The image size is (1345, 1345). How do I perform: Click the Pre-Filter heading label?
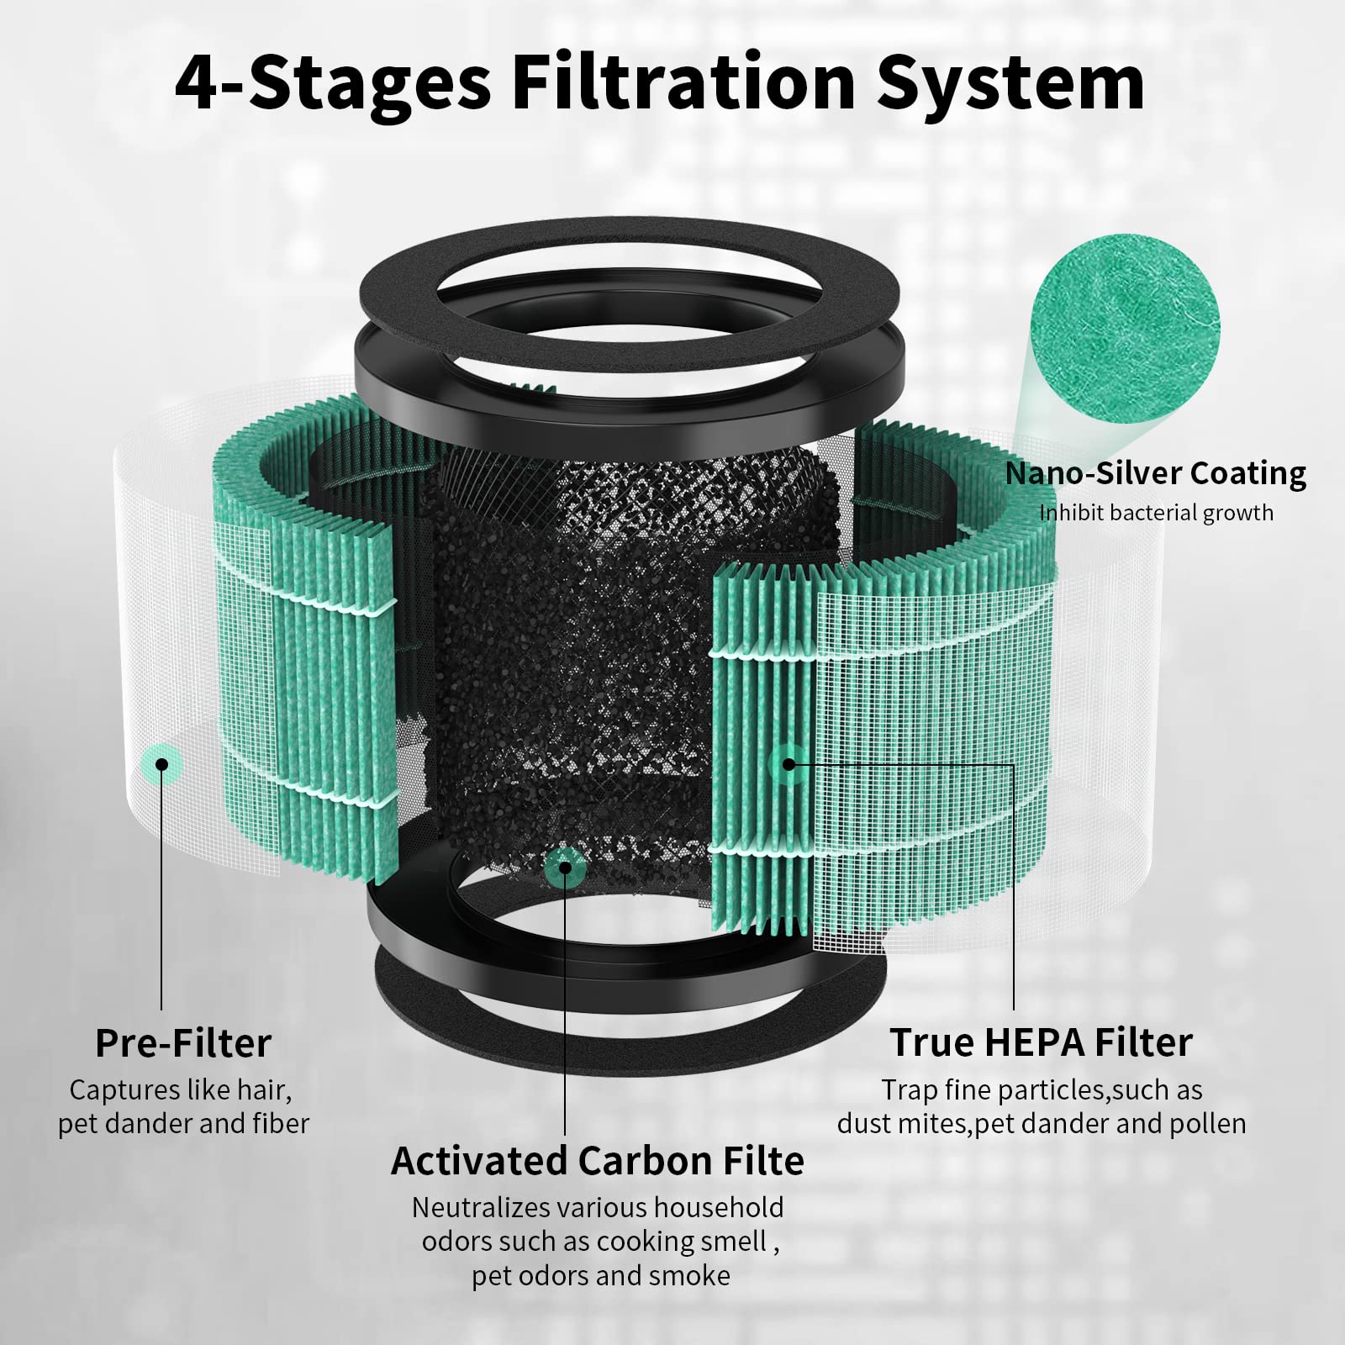pyautogui.click(x=183, y=1043)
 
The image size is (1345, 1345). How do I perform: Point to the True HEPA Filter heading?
pyautogui.click(x=1041, y=1042)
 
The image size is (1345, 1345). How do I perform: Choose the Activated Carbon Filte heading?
pyautogui.click(x=597, y=1161)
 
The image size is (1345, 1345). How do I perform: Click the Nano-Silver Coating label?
pyautogui.click(x=1155, y=473)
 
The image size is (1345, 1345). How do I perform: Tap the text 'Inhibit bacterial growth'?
pyautogui.click(x=1156, y=513)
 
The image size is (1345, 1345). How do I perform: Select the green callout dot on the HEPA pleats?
pyautogui.click(x=788, y=763)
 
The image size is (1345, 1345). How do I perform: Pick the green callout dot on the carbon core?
pyautogui.click(x=565, y=868)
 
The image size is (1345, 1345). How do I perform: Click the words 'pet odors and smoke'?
pyautogui.click(x=600, y=1275)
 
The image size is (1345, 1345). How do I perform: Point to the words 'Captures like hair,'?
pyautogui.click(x=180, y=1089)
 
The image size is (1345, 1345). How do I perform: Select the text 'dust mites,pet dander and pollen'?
pyautogui.click(x=1041, y=1124)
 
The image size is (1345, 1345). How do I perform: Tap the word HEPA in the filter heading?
pyautogui.click(x=1042, y=1042)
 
